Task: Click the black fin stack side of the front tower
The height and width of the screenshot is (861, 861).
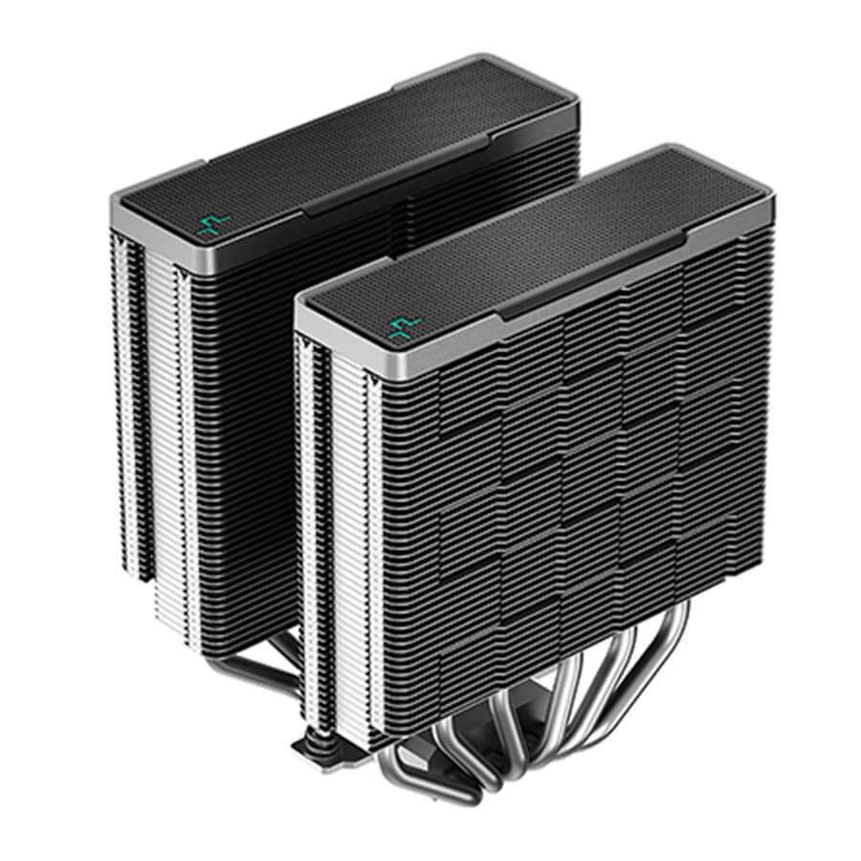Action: click(574, 459)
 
